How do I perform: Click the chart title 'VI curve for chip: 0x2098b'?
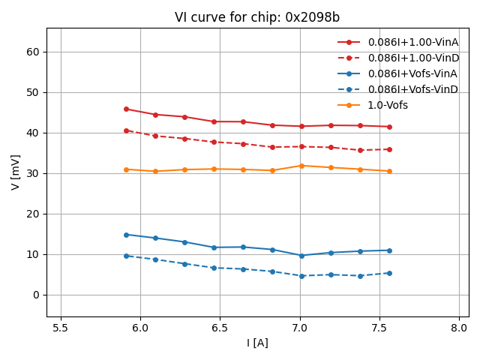point(257,17)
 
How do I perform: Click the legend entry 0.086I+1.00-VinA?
point(412,42)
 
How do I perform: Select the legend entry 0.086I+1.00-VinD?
point(412,58)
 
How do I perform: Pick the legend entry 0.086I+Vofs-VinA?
point(412,73)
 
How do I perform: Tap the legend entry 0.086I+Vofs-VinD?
point(412,89)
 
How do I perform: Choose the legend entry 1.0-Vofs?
point(388,105)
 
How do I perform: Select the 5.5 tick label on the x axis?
point(61,328)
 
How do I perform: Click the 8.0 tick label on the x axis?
point(460,328)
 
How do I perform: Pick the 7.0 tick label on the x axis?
point(300,328)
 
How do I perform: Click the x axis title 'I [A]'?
point(257,343)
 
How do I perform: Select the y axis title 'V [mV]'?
point(15,172)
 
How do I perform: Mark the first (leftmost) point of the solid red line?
point(126,109)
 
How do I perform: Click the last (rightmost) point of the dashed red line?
point(389,149)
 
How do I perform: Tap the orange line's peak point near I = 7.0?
point(301,166)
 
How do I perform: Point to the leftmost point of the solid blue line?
point(126,235)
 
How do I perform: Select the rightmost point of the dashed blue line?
point(389,273)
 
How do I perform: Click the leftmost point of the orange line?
point(126,169)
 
